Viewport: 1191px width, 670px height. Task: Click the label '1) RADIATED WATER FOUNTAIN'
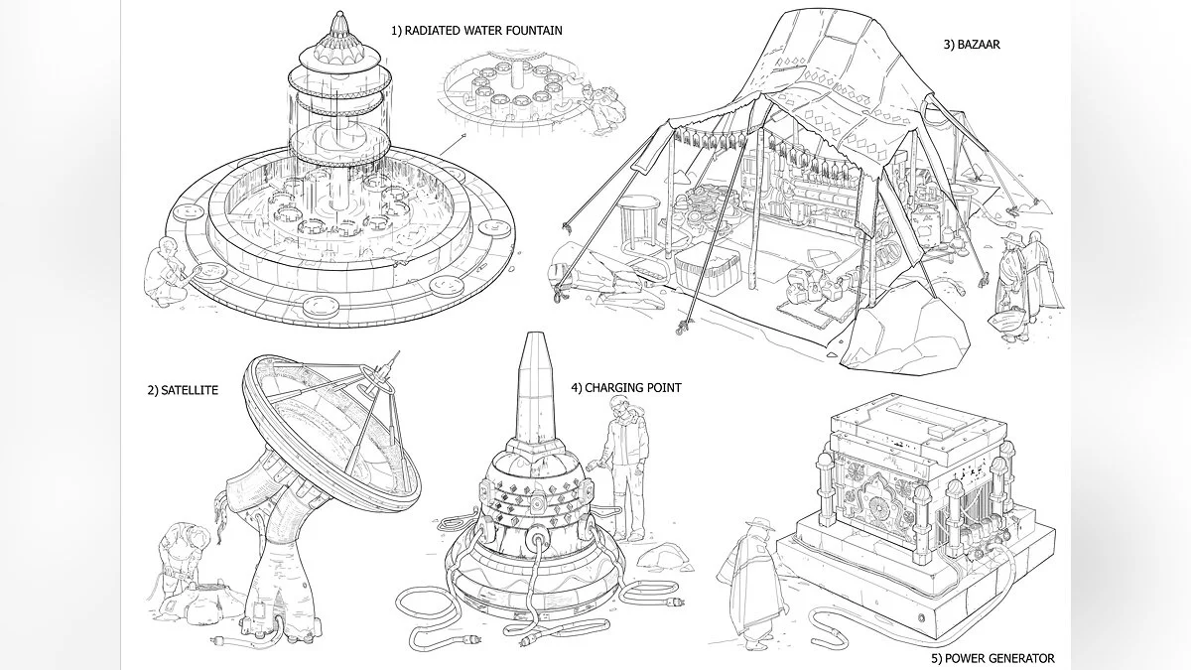pos(476,31)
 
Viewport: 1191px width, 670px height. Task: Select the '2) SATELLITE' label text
pos(183,390)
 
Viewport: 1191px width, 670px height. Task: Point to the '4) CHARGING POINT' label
pos(625,388)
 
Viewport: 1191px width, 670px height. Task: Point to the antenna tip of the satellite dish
pos(396,355)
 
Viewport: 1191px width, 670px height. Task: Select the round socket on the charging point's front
pos(537,542)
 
